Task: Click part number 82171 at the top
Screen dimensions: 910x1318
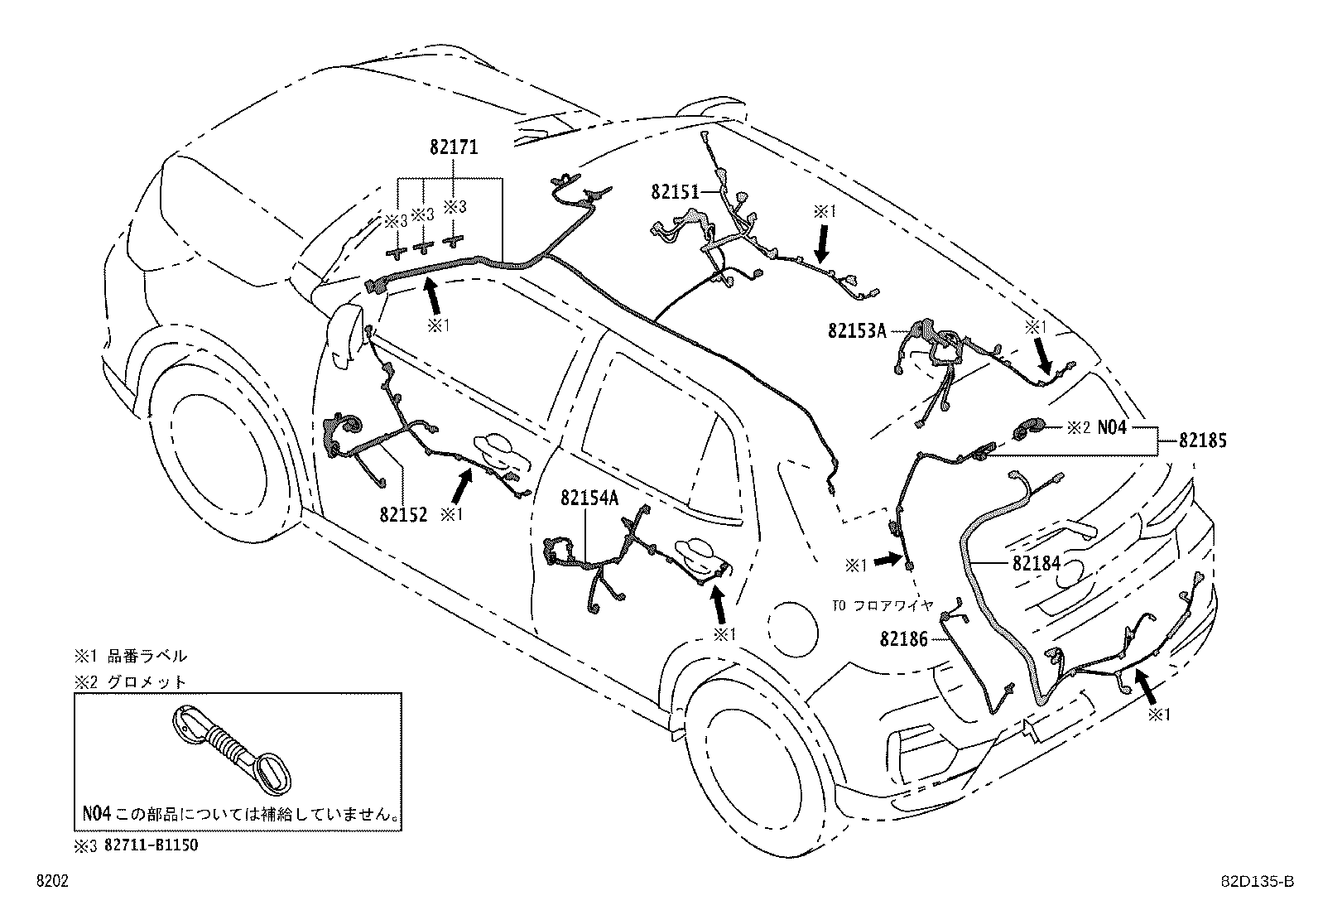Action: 454,147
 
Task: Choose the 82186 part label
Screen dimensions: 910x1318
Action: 904,639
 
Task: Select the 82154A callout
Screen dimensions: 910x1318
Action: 589,498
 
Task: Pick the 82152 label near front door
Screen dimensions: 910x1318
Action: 404,514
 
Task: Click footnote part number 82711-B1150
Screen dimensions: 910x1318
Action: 152,845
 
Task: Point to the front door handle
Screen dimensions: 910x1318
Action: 495,448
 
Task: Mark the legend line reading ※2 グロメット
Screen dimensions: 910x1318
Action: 132,682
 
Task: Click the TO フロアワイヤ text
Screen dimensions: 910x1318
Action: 883,605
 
